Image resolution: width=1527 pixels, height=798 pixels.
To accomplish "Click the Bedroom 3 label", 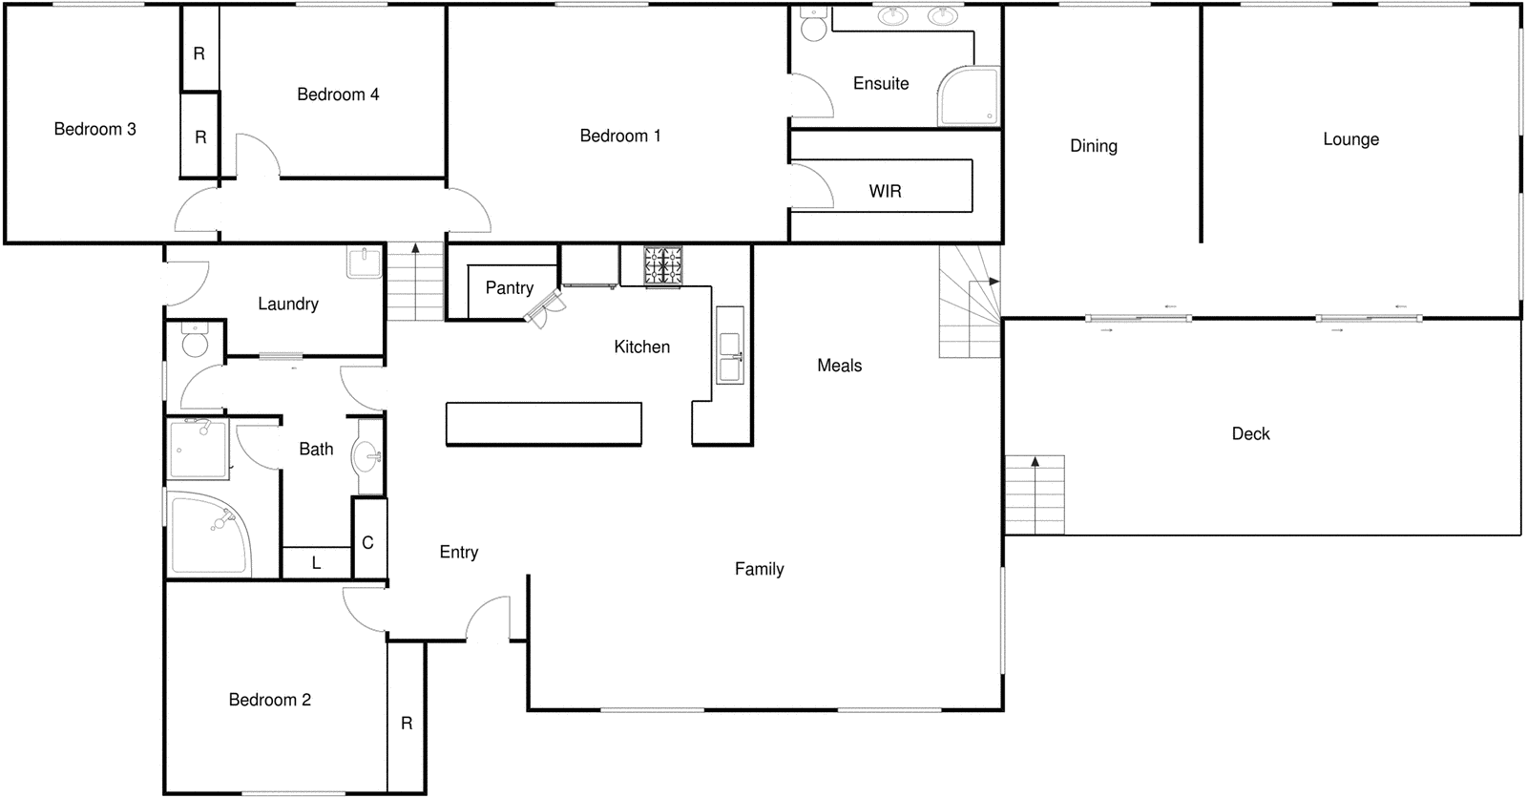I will (x=94, y=129).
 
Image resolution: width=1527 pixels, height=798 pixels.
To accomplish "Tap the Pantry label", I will (x=509, y=287).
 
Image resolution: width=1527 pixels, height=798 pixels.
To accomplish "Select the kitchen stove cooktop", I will (x=663, y=265).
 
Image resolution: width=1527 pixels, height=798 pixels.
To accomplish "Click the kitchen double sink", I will (x=730, y=356).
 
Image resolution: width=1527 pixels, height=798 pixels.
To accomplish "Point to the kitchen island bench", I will (x=543, y=424).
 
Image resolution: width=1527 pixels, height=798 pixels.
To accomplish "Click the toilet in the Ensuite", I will (x=813, y=26).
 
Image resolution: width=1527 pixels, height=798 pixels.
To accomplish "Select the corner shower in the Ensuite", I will (x=969, y=96).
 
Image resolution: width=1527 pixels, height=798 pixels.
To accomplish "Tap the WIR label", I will (x=885, y=191).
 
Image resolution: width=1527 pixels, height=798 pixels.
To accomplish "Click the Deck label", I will (x=1250, y=433).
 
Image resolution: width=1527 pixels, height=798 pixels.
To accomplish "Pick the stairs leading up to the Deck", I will (x=1035, y=494).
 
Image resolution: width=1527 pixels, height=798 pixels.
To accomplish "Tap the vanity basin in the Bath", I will (x=367, y=456).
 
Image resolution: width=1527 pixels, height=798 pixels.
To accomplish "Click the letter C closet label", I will (x=368, y=542).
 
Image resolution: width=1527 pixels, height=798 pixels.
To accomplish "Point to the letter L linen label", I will (x=316, y=563).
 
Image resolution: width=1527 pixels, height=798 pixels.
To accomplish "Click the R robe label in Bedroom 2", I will (x=407, y=723).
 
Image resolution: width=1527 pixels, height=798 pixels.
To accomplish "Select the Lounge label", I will (x=1350, y=139).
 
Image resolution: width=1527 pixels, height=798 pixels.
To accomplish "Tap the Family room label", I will (x=759, y=569).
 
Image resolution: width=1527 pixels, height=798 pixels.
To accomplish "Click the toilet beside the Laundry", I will (x=195, y=342).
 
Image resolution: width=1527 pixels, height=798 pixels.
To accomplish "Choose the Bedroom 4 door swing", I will (x=256, y=156).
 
